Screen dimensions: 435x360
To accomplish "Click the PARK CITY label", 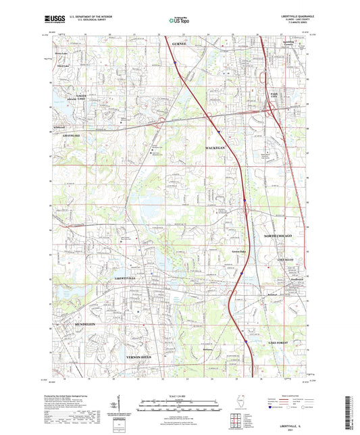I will (275, 96).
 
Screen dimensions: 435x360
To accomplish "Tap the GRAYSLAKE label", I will (72, 136).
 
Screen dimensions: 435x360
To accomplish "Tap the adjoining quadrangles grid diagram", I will (235, 423).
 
